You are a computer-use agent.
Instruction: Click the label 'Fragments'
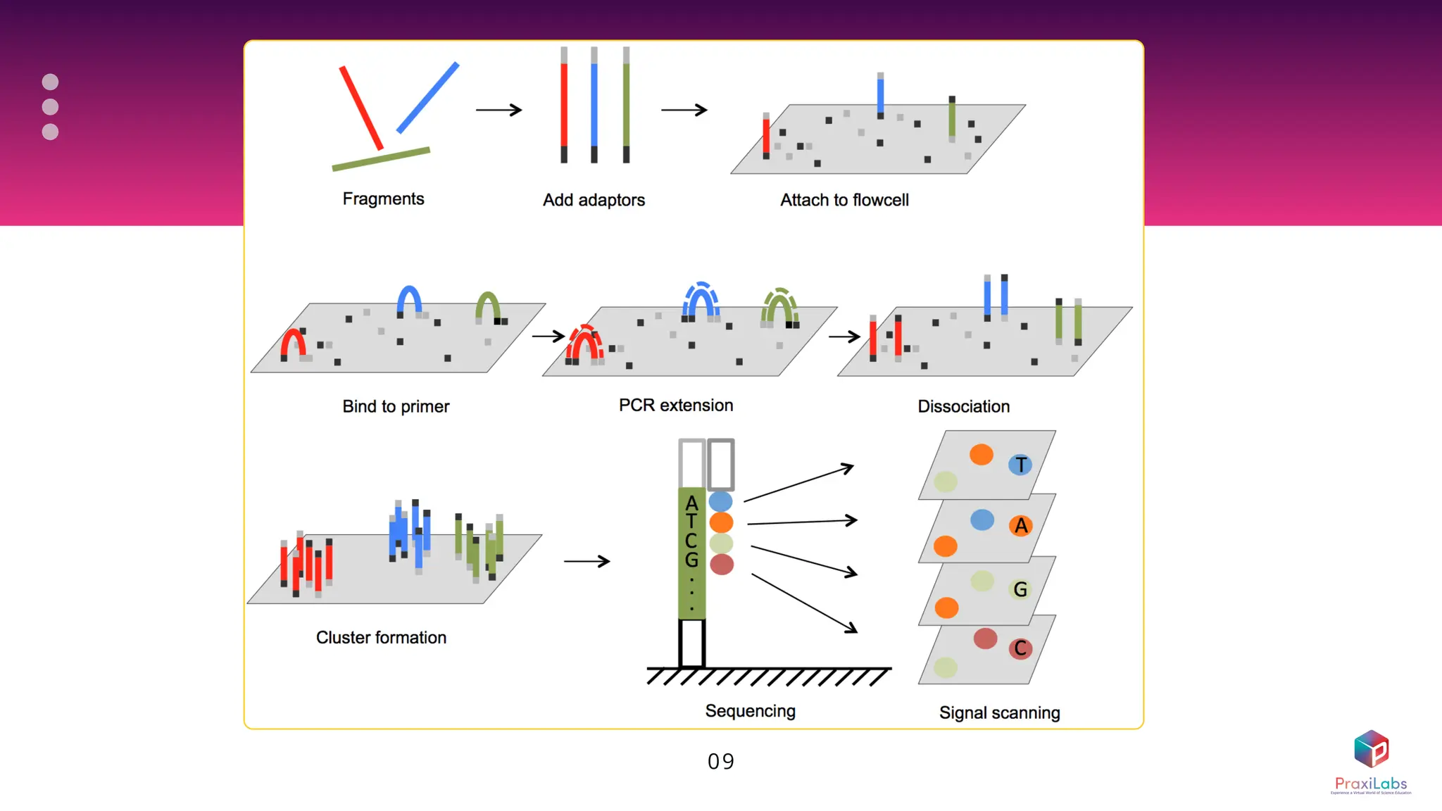383,199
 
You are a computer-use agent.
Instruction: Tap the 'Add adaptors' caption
594,201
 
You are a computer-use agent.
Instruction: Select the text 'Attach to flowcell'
844,201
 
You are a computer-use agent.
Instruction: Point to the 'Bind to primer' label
396,407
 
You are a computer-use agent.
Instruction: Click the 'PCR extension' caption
676,405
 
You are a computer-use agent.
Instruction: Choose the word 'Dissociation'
963,407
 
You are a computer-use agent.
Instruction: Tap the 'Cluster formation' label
381,638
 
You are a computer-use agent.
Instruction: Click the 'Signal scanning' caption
999,713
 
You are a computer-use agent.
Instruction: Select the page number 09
721,762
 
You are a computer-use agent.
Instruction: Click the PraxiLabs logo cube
1371,749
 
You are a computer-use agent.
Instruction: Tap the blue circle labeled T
1020,465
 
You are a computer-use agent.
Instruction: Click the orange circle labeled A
1020,526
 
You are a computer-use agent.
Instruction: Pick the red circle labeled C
1020,648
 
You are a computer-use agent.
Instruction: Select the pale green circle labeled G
1020,589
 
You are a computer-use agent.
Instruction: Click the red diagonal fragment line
361,108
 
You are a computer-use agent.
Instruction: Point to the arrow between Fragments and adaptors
499,110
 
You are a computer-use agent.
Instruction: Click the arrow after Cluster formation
587,561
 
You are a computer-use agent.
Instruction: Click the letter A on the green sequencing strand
691,503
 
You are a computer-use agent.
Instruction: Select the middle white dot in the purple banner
50,107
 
